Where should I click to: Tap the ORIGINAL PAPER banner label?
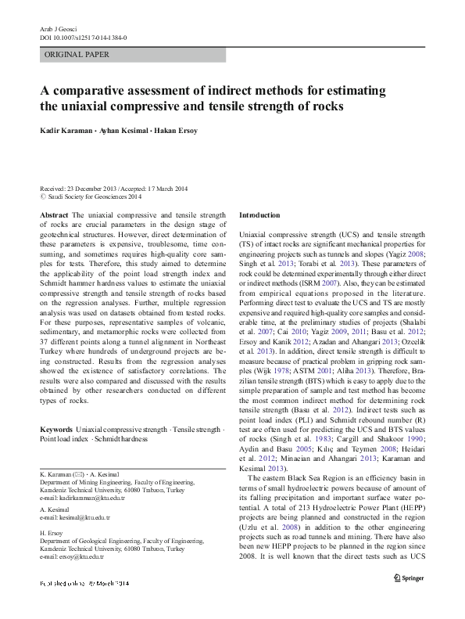point(77,55)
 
